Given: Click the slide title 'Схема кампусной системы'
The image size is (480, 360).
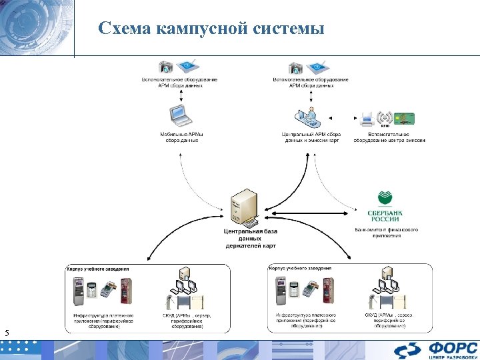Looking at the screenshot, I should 211,29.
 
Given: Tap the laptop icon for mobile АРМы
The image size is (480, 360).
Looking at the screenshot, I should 179,116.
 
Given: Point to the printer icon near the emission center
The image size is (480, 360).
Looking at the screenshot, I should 366,118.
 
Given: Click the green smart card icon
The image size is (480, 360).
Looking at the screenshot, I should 404,118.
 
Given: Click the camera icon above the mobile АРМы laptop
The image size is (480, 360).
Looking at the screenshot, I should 166,67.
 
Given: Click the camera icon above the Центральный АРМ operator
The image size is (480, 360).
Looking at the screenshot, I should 295,67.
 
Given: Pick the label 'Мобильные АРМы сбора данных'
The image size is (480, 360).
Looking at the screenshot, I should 181,137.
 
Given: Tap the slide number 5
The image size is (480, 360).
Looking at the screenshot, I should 7,333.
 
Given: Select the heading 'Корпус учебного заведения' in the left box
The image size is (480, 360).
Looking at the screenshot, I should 98,269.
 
